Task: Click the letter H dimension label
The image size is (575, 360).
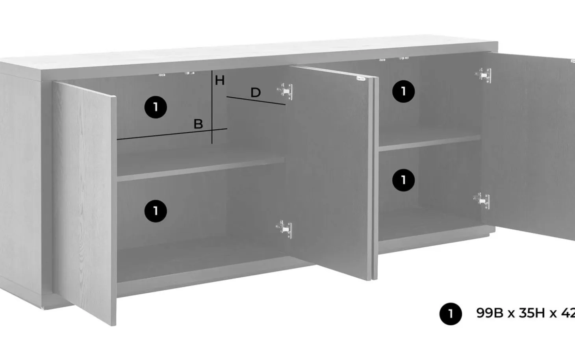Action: point(220,80)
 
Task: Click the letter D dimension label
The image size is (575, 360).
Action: point(256,93)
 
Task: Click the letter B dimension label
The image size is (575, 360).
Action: point(198,124)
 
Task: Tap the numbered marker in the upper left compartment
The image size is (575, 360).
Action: point(156,107)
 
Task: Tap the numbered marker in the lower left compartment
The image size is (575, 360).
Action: point(156,211)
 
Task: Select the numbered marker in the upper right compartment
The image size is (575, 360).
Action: point(403,91)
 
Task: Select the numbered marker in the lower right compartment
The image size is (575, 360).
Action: point(403,180)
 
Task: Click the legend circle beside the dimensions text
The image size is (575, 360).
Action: point(451,314)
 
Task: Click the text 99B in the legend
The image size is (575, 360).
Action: point(490,313)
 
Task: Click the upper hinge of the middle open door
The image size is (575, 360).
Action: point(285,91)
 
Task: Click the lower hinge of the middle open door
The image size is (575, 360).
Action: point(284,229)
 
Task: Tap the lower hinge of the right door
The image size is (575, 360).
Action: point(482,200)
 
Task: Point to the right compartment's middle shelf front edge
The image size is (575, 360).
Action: point(430,143)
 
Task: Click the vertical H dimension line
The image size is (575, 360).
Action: point(212,107)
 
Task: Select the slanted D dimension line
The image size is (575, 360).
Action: point(256,101)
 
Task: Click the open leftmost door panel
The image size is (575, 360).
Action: point(84,203)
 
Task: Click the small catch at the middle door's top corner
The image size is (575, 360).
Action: point(361,78)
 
